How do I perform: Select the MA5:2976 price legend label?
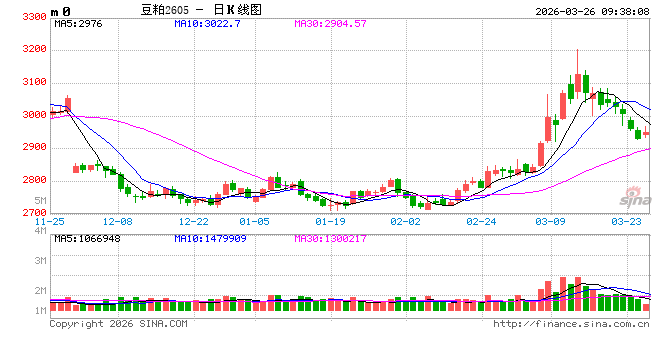79,23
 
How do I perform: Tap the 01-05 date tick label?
254,221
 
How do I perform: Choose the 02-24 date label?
481,221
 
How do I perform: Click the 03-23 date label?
626,221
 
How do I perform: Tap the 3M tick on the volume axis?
40,260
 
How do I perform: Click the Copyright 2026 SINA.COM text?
118,323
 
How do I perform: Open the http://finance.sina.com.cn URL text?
571,323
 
